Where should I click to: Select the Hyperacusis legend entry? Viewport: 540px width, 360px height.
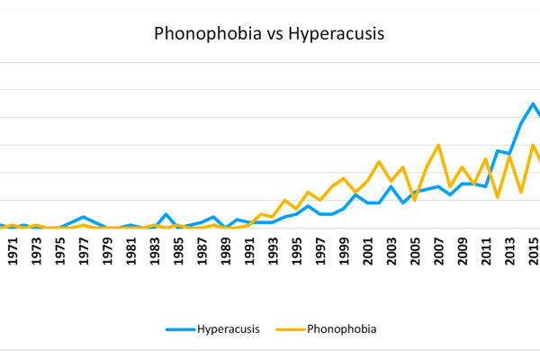tap(213, 329)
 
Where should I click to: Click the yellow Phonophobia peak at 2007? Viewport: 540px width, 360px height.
tap(438, 145)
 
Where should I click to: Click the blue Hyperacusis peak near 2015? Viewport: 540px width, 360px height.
tap(533, 103)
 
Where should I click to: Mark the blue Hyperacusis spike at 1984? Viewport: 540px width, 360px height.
tap(166, 214)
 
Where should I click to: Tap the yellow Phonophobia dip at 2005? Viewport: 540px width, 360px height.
tap(414, 199)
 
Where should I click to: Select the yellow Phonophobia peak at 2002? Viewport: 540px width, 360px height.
tap(379, 162)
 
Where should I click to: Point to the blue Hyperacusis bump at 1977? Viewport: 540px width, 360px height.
tap(84, 217)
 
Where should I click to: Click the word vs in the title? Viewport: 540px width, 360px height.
tap(267, 34)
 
